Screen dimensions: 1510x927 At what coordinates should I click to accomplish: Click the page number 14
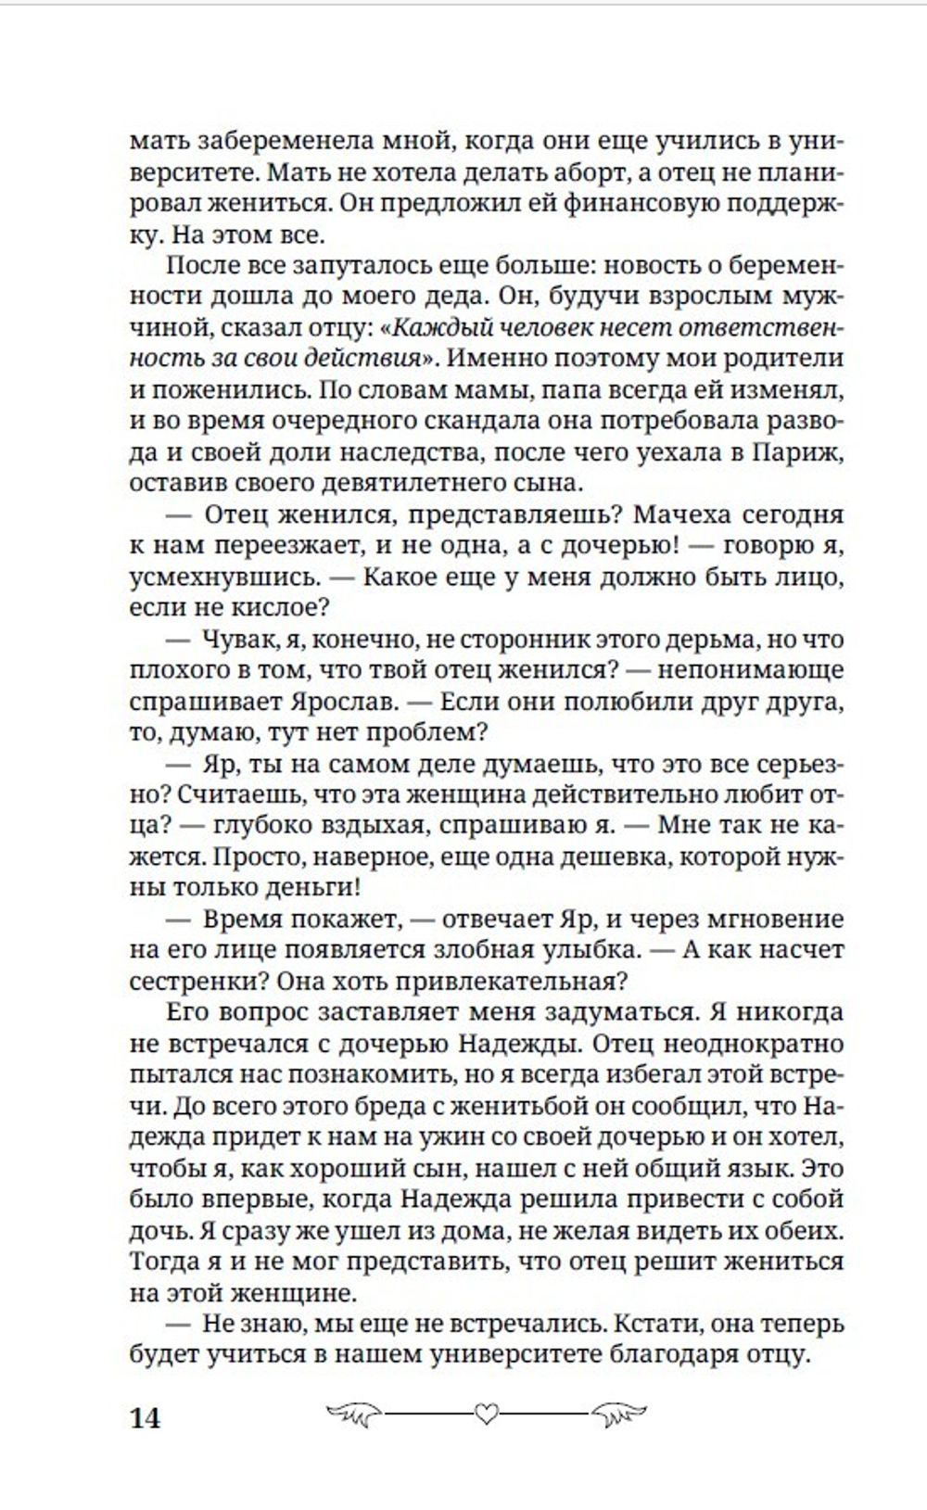[x=146, y=1418]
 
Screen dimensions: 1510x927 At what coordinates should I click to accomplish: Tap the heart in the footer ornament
[x=486, y=1414]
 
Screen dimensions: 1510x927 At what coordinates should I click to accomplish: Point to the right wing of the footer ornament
[x=618, y=1414]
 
